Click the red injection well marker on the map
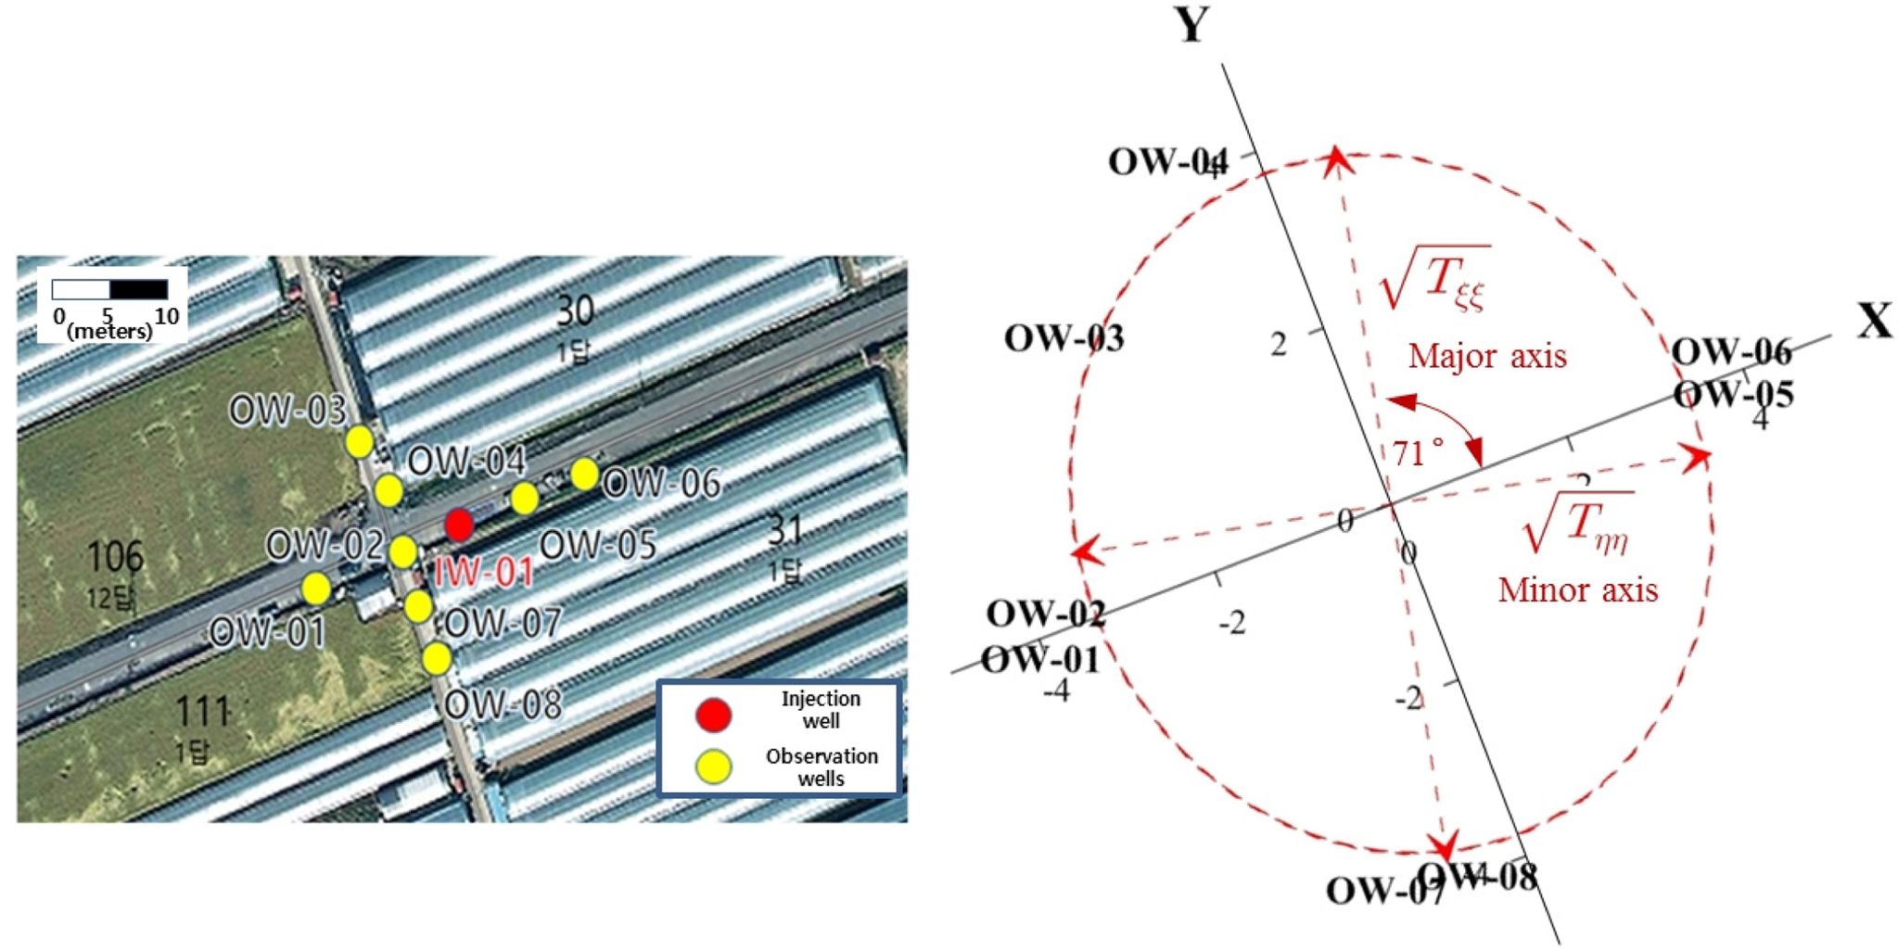(x=459, y=525)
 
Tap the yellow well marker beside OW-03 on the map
(x=360, y=442)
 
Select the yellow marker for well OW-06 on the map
(x=584, y=475)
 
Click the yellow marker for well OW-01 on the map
(x=316, y=588)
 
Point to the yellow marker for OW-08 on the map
(x=437, y=659)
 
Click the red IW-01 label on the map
(x=484, y=571)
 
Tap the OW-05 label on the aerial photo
(x=598, y=545)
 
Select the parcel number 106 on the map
(x=116, y=557)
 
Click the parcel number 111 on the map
(x=202, y=712)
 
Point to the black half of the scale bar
(x=139, y=289)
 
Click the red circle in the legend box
(x=713, y=715)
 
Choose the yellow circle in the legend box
(x=713, y=766)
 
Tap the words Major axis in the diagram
(x=1487, y=356)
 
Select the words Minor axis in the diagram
(x=1577, y=589)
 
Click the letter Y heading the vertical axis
(x=1192, y=25)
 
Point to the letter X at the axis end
(x=1875, y=322)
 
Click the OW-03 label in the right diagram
(x=1064, y=338)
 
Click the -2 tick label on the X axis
(x=1232, y=623)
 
